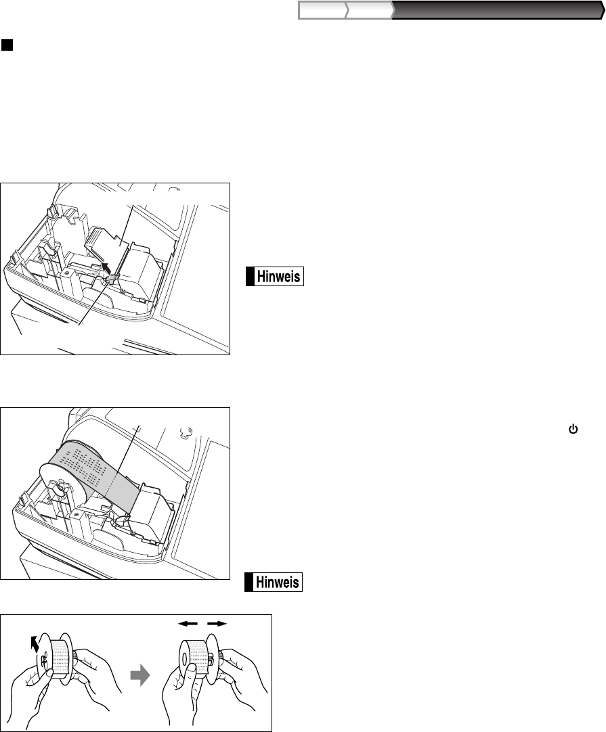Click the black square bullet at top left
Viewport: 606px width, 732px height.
pyautogui.click(x=7, y=45)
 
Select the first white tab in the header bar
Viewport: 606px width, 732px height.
pyautogui.click(x=323, y=10)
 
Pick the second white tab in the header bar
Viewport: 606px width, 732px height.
pyautogui.click(x=370, y=10)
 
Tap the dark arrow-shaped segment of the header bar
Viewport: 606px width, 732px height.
pyautogui.click(x=498, y=10)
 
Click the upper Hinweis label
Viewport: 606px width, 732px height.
pyautogui.click(x=275, y=277)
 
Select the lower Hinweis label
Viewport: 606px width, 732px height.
pyautogui.click(x=274, y=582)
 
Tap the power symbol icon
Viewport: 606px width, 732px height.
pyautogui.click(x=573, y=429)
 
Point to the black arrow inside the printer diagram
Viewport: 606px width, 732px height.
pyautogui.click(x=107, y=268)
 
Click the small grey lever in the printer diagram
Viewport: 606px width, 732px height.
pyautogui.click(x=112, y=279)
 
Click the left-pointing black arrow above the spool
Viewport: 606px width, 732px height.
pyautogui.click(x=188, y=623)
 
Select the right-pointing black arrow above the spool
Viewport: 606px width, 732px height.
pyautogui.click(x=217, y=623)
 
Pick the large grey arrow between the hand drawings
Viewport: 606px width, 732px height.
pyautogui.click(x=139, y=676)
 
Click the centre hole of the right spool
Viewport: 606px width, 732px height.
pyautogui.click(x=185, y=659)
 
